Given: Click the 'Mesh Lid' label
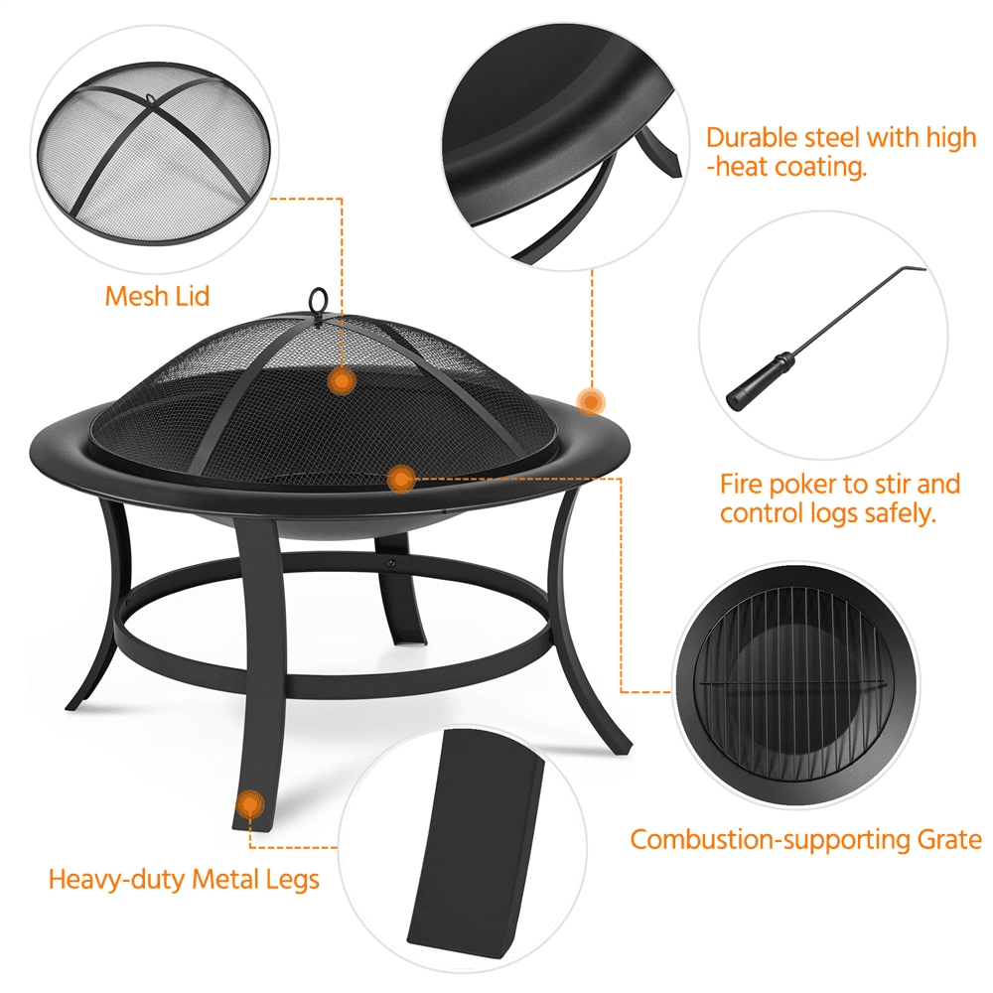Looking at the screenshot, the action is pyautogui.click(x=157, y=296).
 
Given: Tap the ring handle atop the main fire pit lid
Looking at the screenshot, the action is pyautogui.click(x=318, y=299).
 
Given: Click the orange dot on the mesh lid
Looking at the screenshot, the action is pyautogui.click(x=342, y=381).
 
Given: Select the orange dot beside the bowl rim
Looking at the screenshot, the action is pyautogui.click(x=591, y=401).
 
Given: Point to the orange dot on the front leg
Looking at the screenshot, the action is pyautogui.click(x=250, y=804).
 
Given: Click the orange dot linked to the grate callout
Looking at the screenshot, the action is pyautogui.click(x=400, y=480).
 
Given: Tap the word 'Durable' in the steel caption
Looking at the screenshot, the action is pyautogui.click(x=751, y=138).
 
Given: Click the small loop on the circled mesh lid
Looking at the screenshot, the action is pyautogui.click(x=150, y=98).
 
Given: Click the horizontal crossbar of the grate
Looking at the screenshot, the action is pyautogui.click(x=791, y=683).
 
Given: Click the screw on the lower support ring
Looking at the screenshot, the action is pyautogui.click(x=391, y=562).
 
